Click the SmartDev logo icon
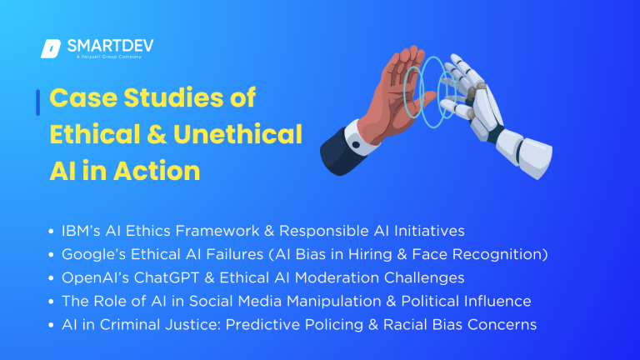click(51, 49)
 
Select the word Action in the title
click(157, 170)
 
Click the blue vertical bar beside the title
click(38, 102)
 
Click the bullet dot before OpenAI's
click(52, 277)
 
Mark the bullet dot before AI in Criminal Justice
click(52, 325)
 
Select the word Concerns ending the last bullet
click(502, 324)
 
